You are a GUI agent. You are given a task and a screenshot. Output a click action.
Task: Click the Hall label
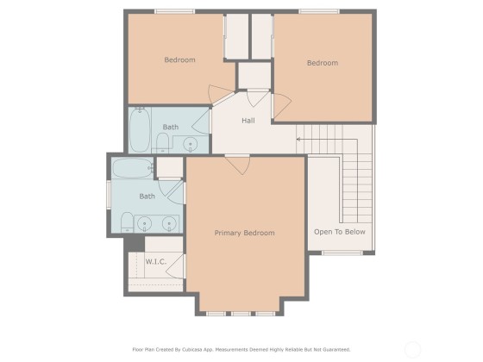248,121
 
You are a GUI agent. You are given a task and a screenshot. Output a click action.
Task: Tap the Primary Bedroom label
244,233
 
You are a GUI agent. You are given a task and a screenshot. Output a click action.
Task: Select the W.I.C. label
156,262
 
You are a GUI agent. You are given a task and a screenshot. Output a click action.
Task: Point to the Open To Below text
340,232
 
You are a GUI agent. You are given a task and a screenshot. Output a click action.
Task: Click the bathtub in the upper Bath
140,129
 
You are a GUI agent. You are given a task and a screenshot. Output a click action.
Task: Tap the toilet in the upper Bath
162,143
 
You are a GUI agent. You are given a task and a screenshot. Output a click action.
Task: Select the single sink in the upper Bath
191,145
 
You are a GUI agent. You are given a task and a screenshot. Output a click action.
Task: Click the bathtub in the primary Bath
133,168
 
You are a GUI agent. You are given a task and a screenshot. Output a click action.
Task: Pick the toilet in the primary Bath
127,222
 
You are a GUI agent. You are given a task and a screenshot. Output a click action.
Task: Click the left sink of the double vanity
144,223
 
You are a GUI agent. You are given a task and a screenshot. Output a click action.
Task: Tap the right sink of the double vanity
169,223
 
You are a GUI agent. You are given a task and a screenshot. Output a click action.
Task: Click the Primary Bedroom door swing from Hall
237,165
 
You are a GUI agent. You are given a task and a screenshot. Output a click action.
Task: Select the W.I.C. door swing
176,266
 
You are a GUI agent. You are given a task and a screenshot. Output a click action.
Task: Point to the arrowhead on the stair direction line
298,140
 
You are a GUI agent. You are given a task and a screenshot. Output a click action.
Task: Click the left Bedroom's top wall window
174,12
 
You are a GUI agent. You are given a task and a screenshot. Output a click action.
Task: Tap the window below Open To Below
342,253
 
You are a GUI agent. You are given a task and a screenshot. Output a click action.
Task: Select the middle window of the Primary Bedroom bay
241,314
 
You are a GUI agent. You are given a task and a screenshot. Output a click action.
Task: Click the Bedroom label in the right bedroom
323,63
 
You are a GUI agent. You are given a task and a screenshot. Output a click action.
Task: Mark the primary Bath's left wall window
109,195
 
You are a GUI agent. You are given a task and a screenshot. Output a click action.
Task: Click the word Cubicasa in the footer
191,350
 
